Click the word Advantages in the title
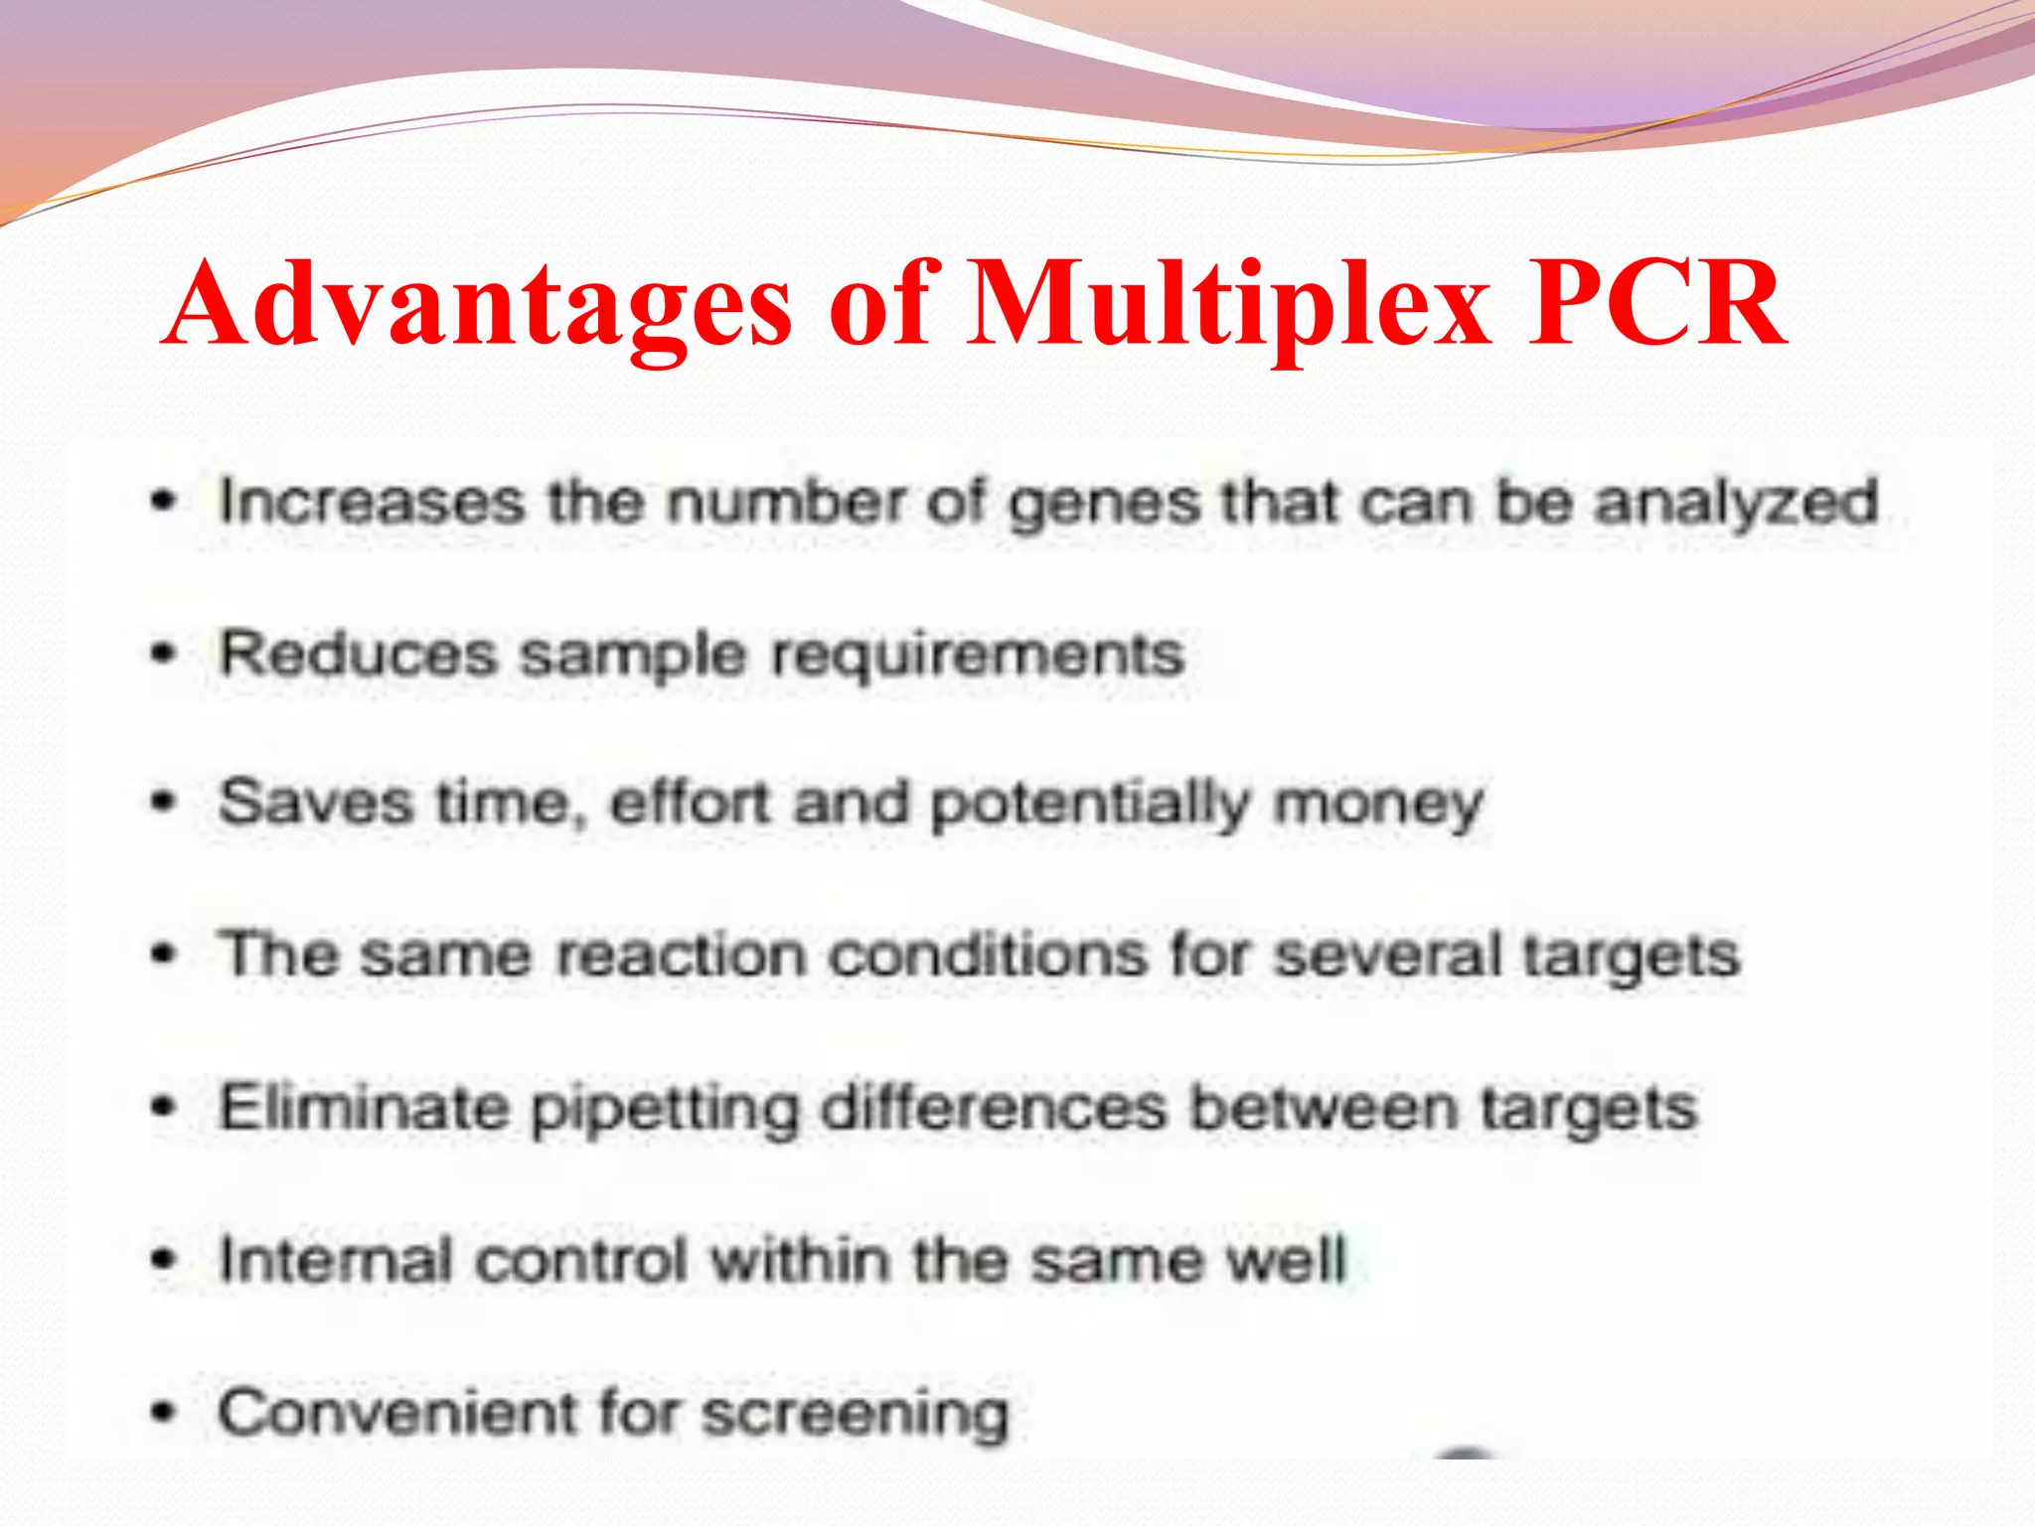click(x=478, y=303)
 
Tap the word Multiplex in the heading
click(x=1228, y=303)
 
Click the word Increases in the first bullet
click(x=371, y=501)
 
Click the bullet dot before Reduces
click(x=164, y=654)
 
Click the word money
click(x=1378, y=806)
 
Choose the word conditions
click(x=988, y=956)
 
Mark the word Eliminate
click(x=363, y=1107)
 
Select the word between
click(x=1324, y=1107)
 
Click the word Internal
click(x=335, y=1260)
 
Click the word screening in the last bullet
click(x=856, y=1416)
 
